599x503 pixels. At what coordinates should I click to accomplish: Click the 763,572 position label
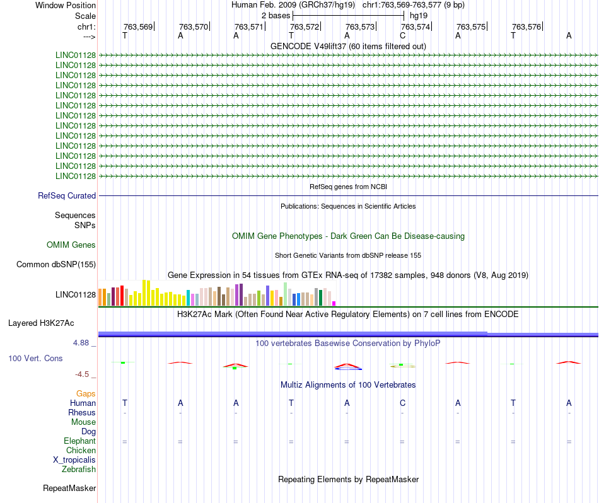[304, 26]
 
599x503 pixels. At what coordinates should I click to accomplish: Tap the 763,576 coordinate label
[526, 26]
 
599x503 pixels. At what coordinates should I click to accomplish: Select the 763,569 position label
[138, 26]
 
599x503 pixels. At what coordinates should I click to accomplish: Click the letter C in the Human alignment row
[402, 403]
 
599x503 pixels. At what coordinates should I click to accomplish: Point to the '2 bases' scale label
[276, 15]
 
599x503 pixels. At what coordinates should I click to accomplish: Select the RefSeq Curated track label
[67, 196]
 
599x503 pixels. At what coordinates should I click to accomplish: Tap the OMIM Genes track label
[71, 245]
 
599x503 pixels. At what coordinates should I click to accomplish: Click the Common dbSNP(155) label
[56, 265]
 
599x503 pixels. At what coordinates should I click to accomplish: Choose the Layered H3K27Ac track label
[41, 323]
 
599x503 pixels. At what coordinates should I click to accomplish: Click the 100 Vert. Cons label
[35, 358]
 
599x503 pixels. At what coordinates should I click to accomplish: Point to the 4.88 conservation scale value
[84, 343]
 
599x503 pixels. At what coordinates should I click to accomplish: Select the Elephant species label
[79, 441]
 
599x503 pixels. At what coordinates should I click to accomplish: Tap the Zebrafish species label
[79, 469]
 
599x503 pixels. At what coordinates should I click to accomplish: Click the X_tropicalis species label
[74, 460]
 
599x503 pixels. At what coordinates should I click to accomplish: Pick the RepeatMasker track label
[69, 488]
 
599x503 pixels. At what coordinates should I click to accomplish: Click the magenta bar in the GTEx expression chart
[334, 303]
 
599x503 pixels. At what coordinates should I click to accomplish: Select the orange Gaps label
[86, 393]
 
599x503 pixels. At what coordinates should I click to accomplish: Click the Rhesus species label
[82, 412]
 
